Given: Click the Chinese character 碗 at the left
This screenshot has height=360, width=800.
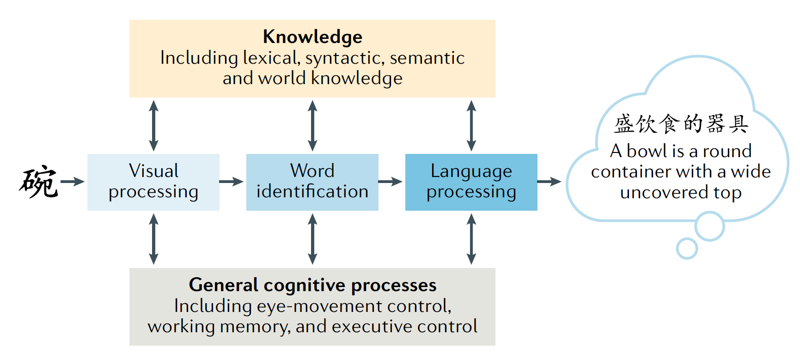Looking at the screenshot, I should coord(39,182).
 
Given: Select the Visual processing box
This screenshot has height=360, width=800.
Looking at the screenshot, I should coord(153,182).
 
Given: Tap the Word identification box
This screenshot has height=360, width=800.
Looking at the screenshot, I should coord(312,182).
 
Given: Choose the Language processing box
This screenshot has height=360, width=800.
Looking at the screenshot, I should coord(471,182).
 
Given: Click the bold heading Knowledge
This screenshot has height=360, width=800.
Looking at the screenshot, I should coord(312,37).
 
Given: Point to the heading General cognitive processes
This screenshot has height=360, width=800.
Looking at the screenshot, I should coord(312,285).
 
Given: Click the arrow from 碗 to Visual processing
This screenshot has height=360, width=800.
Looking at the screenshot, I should coord(72,182).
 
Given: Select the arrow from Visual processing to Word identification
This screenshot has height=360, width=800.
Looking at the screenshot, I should coord(231,182).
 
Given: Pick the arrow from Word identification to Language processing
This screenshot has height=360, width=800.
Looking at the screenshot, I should coord(390,182).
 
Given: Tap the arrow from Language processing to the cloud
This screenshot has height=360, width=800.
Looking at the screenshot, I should coord(549,182).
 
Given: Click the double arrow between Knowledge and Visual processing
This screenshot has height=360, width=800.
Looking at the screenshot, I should coord(154,126).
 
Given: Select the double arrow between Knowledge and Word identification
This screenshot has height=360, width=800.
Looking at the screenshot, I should coord(312,126).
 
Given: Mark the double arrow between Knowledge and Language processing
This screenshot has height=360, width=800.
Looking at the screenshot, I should coord(471,126).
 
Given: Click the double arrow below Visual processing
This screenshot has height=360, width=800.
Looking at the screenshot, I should coord(154,239).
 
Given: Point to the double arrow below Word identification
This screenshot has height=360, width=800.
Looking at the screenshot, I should coord(312,239).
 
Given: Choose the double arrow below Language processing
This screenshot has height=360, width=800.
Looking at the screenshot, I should coord(471,239).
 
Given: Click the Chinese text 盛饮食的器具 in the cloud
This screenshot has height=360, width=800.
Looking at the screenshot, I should coord(681,124).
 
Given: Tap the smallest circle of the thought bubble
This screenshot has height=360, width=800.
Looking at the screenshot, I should coord(687,249).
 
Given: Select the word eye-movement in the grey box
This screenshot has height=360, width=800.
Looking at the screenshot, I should coord(319,306).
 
